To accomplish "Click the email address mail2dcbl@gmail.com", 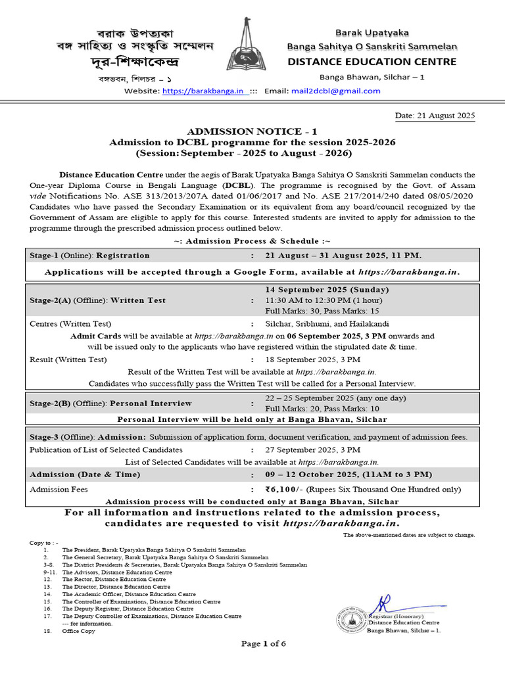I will tap(336, 91).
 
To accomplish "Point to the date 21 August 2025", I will tap(435, 116).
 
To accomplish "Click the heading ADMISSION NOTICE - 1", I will tap(252, 131).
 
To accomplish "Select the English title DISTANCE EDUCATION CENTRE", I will tap(372, 62).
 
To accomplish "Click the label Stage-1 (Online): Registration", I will tap(90, 255).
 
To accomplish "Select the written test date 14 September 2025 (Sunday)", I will tap(327, 289).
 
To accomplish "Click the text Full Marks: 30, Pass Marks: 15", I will tap(322, 311).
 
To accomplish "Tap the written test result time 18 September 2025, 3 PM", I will tap(313, 360).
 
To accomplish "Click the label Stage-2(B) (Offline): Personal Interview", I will tap(111, 403).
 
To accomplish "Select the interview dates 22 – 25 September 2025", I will tap(336, 398).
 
